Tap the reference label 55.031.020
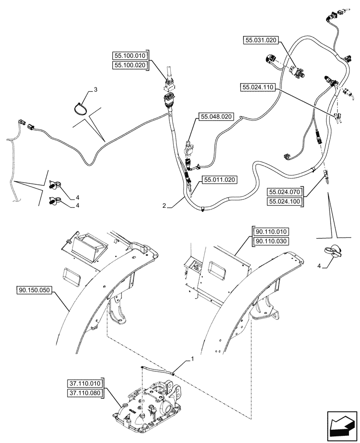click(x=260, y=40)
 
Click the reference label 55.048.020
click(x=216, y=117)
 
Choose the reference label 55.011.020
click(x=219, y=180)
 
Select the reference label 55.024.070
click(x=284, y=192)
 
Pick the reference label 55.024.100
click(x=284, y=202)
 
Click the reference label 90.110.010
click(x=271, y=232)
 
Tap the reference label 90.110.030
click(x=271, y=241)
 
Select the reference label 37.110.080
click(x=86, y=392)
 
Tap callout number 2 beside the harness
click(x=164, y=206)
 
